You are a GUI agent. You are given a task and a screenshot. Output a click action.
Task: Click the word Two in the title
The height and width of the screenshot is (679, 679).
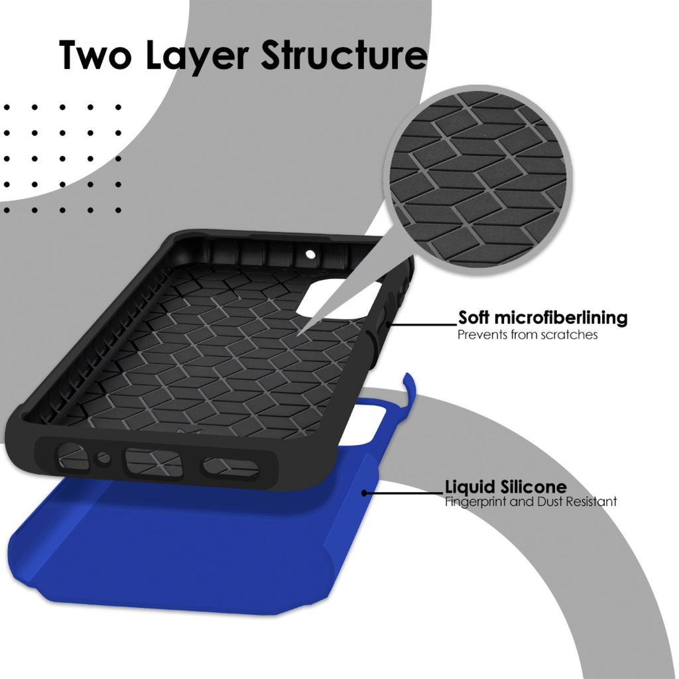(95, 55)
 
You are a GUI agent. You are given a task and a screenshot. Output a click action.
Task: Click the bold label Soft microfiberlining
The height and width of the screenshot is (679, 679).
(542, 318)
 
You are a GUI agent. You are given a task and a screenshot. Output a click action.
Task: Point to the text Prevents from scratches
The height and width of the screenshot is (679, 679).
(527, 335)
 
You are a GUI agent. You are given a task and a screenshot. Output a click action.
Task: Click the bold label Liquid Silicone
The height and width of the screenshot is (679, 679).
(506, 487)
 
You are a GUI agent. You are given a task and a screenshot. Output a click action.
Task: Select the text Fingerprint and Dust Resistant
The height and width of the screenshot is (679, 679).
(531, 502)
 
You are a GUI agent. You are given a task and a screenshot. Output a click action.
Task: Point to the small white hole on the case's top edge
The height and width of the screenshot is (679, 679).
(310, 254)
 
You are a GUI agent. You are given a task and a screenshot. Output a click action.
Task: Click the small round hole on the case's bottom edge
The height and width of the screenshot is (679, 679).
(103, 458)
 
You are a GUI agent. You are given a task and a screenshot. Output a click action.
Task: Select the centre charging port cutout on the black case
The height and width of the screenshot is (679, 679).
(153, 462)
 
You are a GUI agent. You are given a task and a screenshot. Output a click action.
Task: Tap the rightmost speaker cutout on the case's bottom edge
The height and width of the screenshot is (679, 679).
(230, 467)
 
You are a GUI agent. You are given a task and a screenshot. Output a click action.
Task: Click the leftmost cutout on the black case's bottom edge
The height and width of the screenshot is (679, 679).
(72, 456)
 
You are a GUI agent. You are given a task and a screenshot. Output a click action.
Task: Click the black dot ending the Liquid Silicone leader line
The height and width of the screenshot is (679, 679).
(364, 493)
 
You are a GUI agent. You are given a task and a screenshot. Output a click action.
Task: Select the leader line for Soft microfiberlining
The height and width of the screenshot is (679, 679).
(422, 324)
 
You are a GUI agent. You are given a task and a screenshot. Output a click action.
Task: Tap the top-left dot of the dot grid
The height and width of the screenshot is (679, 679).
(7, 107)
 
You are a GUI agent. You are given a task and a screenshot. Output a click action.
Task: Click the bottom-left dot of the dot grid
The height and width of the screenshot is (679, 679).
(7, 210)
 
